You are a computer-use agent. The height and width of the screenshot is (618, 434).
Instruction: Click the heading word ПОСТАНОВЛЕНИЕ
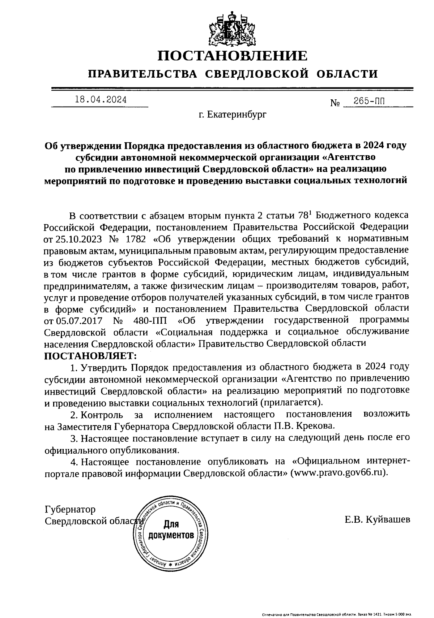tap(233, 56)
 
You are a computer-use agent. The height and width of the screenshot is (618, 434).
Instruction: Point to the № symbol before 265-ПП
tap(335, 103)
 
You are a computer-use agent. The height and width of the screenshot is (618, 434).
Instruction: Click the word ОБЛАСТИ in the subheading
tap(347, 74)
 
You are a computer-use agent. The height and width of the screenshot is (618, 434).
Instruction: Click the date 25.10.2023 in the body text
tap(78, 239)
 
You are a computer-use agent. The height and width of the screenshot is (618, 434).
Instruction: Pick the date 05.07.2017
tap(78, 320)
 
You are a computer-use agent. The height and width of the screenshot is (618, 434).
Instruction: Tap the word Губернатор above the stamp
tap(70, 510)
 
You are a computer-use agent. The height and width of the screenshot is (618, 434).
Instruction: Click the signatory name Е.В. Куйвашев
tap(377, 519)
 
